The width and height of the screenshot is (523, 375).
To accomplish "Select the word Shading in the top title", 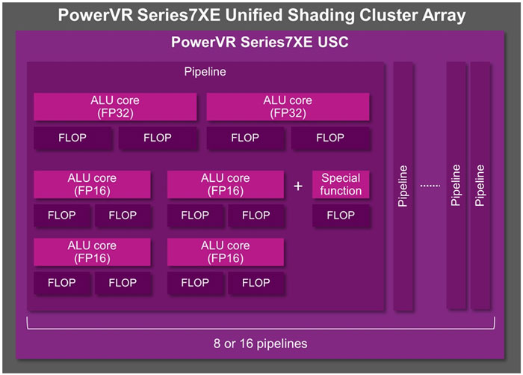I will click(321, 14).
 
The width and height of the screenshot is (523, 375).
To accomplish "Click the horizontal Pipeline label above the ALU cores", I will click(205, 73).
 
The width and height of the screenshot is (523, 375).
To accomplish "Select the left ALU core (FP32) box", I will click(115, 106).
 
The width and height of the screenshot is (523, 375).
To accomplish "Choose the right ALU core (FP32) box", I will click(288, 106).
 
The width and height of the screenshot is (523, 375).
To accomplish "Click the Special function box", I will click(341, 184).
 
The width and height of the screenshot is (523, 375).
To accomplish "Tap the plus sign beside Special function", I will click(298, 186).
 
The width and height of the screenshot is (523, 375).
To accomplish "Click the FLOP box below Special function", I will click(341, 216).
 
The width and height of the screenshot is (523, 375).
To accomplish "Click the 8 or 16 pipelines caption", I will click(261, 344).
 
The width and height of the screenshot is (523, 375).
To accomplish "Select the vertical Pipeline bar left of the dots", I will click(403, 186).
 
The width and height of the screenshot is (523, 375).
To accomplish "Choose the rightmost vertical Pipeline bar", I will click(480, 186).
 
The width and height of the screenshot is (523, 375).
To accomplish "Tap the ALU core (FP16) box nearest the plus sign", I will click(226, 184).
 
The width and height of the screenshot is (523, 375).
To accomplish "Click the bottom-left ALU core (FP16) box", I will click(92, 251).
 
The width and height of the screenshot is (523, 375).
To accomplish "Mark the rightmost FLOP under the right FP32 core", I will click(330, 138).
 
